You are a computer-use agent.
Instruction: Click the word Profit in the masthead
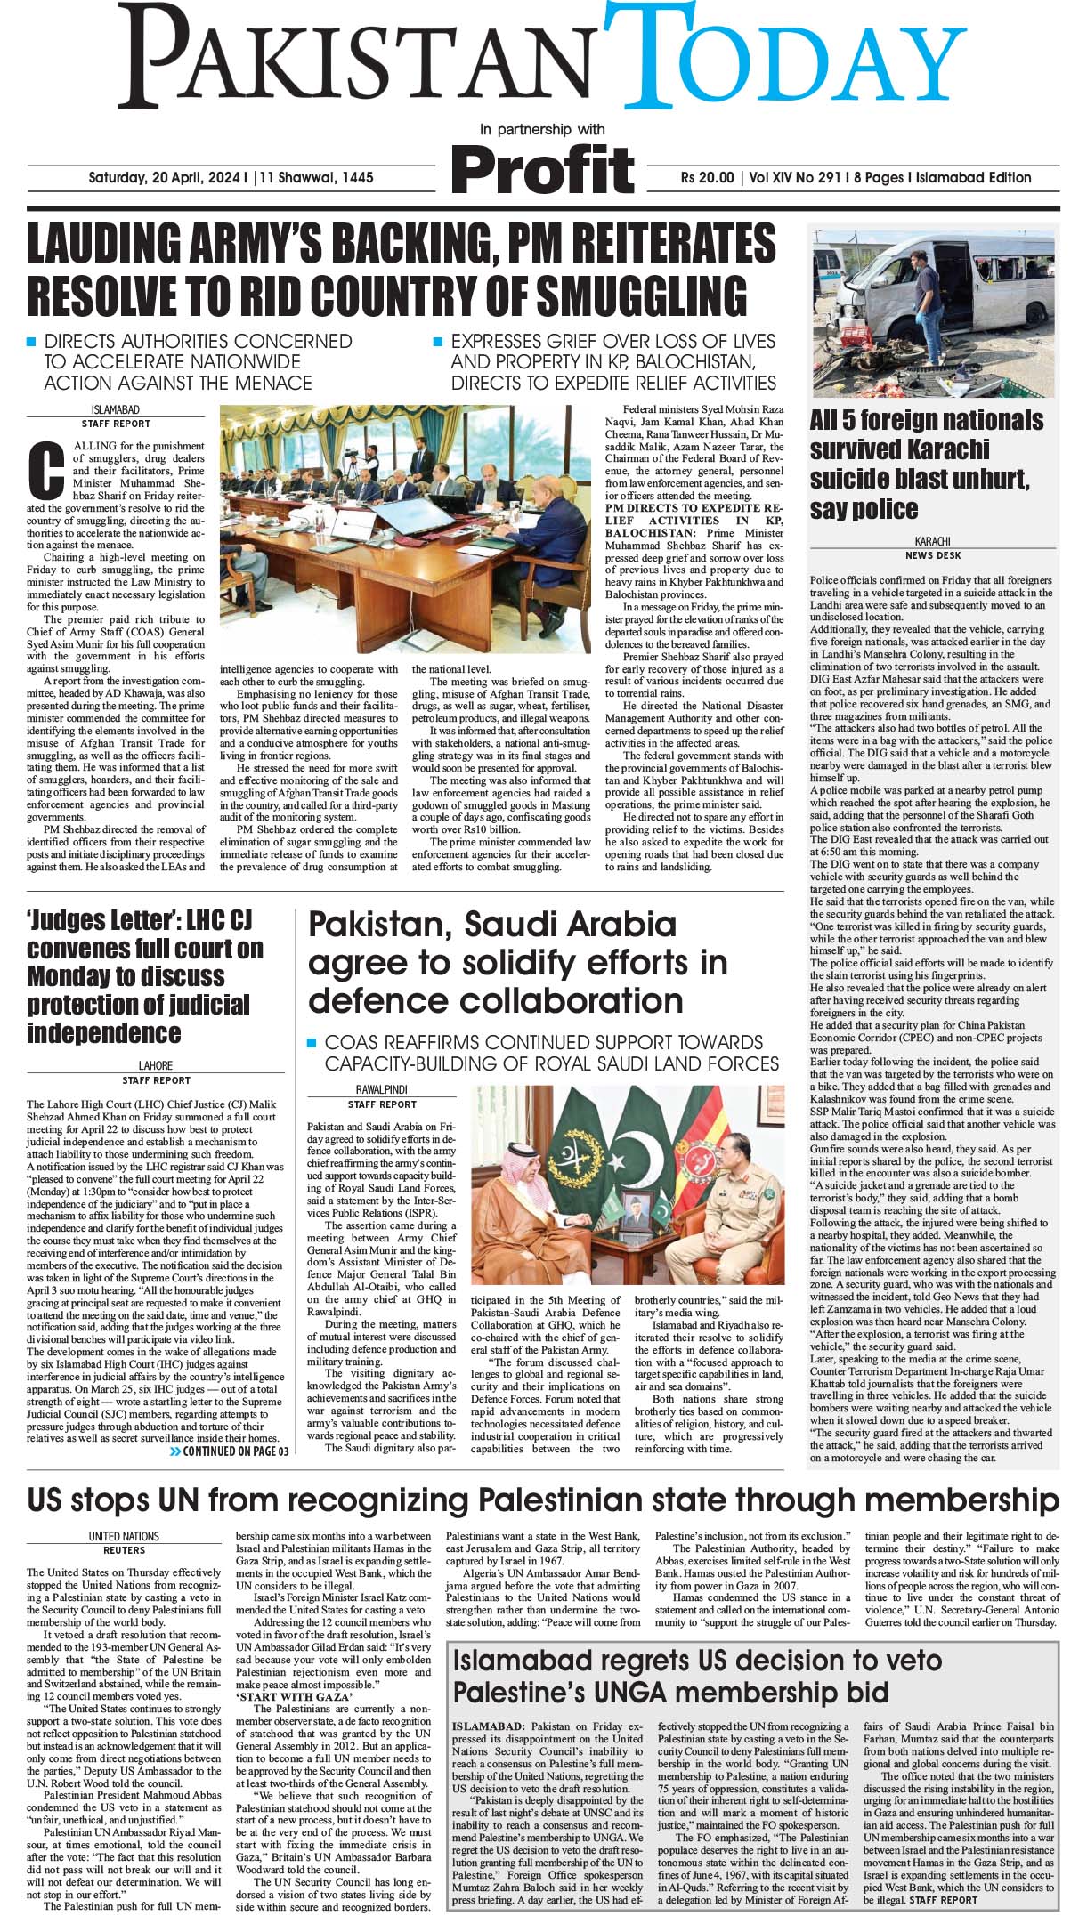[x=542, y=169]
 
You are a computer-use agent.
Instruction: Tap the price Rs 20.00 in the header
[x=707, y=178]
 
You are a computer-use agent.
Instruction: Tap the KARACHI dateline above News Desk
[x=932, y=541]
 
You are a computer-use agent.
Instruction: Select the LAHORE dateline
[x=156, y=1065]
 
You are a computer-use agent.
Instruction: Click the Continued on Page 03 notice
[x=229, y=1451]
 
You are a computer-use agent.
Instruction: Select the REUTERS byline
[x=124, y=1550]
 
